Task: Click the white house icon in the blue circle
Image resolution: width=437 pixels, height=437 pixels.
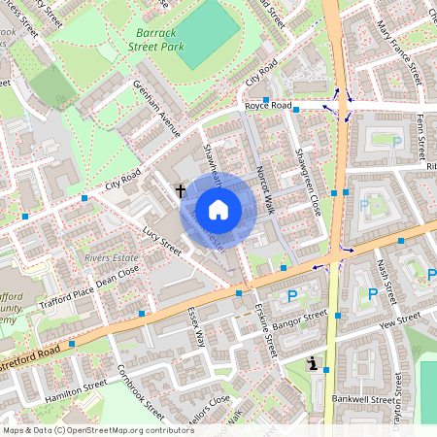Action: tap(218, 209)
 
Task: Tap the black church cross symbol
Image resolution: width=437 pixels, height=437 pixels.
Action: tap(181, 191)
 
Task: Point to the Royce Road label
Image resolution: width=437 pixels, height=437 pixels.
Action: tap(267, 105)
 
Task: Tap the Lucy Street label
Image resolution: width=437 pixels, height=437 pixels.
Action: tap(161, 239)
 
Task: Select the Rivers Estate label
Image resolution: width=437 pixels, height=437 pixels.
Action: tap(108, 258)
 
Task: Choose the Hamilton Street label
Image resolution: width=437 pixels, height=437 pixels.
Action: tap(75, 391)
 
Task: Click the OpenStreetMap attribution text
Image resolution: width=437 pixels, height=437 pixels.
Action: tap(98, 429)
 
